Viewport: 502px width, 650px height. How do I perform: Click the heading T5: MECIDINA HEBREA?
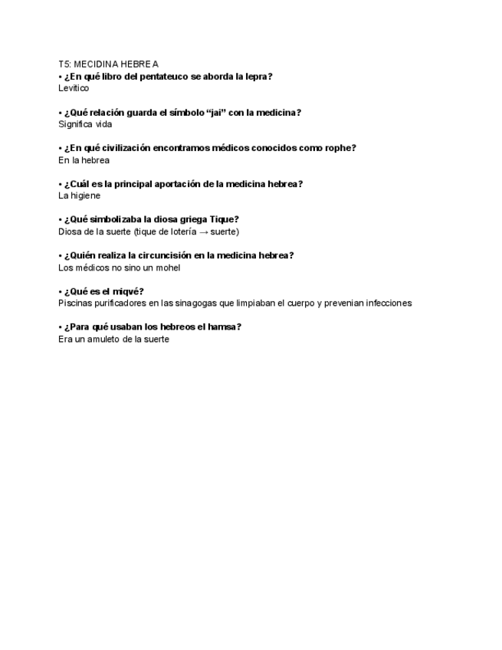point(108,64)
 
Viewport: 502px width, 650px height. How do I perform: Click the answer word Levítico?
point(74,88)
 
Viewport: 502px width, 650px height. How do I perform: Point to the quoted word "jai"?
point(220,113)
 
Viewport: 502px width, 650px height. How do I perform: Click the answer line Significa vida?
point(85,124)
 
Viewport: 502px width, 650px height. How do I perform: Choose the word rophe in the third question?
point(339,148)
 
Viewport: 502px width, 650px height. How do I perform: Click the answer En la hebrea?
point(84,160)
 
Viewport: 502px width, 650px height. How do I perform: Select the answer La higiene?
point(79,195)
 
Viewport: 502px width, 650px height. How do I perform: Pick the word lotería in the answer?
point(180,231)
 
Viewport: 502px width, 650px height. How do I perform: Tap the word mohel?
point(167,268)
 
